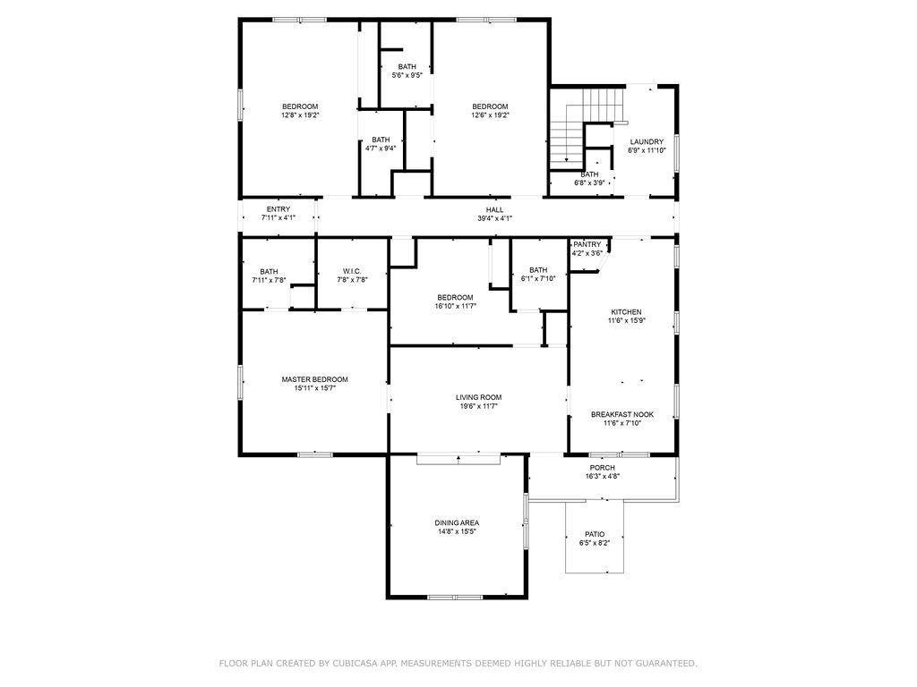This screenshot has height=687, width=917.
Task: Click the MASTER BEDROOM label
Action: click(314, 379)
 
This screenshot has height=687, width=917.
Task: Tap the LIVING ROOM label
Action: click(478, 397)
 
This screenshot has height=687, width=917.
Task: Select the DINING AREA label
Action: click(457, 522)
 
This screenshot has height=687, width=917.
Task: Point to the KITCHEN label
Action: click(626, 312)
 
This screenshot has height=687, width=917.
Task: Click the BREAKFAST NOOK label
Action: click(622, 414)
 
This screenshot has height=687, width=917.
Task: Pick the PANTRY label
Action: click(587, 244)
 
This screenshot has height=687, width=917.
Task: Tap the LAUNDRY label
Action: click(647, 141)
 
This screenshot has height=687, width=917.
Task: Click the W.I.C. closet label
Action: click(352, 271)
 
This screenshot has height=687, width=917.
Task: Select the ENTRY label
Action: click(279, 209)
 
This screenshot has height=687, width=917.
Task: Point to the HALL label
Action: click(494, 209)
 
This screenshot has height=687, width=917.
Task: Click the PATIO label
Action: click(595, 534)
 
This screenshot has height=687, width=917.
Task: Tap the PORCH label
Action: click(603, 467)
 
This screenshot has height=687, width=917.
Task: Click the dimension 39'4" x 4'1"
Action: click(494, 218)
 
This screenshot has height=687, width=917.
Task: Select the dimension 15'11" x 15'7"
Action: click(314, 388)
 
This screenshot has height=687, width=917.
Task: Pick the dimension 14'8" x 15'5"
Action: click(457, 531)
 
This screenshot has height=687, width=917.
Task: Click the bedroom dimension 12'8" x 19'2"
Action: click(300, 115)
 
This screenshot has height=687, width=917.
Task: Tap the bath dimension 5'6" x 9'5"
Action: click(407, 75)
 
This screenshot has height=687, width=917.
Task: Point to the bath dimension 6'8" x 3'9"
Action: click(589, 182)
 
